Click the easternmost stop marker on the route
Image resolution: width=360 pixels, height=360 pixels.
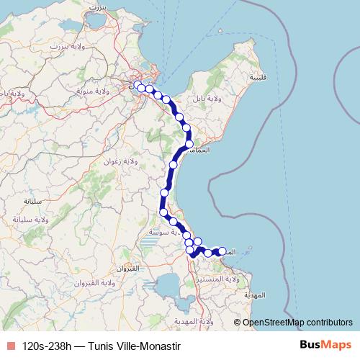pos(222,251)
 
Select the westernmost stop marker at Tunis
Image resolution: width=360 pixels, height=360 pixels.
pos(138,85)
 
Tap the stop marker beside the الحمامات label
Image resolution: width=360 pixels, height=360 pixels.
pos(189,143)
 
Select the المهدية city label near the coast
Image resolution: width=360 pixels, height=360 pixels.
pos(256,295)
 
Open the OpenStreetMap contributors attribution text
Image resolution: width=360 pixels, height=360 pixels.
pos(297,323)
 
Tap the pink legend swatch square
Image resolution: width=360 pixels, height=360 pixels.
pos(10,346)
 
